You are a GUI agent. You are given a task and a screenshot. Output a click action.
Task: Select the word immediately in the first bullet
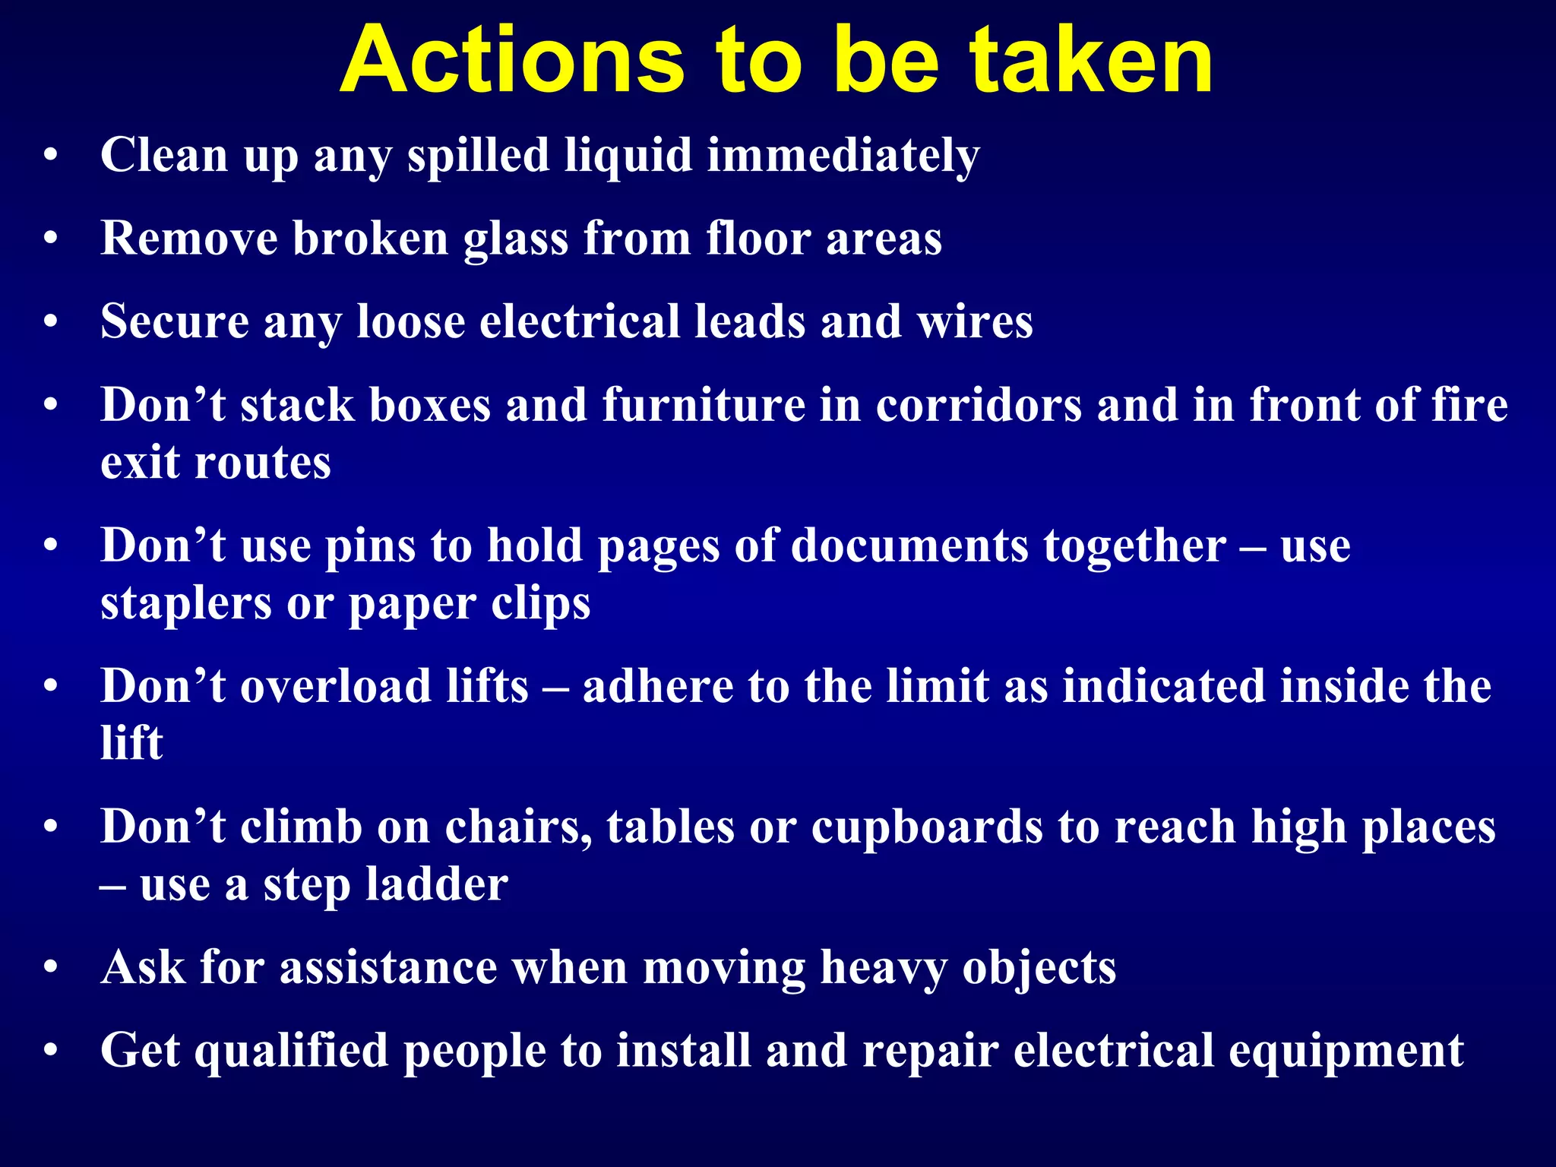tap(843, 156)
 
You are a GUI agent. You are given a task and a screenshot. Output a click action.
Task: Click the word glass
tap(516, 239)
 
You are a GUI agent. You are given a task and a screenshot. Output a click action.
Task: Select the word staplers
tap(185, 604)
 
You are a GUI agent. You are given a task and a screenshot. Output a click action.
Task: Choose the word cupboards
tap(927, 827)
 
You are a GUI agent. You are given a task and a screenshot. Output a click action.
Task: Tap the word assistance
tap(388, 968)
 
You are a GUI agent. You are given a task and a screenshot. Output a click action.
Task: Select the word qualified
tap(292, 1052)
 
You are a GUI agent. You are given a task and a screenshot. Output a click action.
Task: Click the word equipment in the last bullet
tap(1346, 1052)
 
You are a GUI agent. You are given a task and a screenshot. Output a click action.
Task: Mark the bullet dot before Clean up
tap(51, 157)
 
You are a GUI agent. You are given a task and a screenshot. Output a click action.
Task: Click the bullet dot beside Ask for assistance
tap(51, 968)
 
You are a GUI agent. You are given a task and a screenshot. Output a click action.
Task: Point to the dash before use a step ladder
tap(112, 886)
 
